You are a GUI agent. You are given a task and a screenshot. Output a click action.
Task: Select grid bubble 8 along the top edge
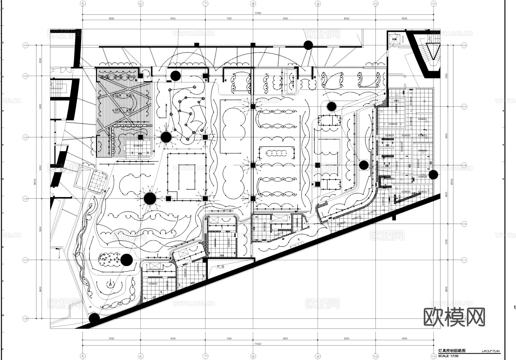point(253,4)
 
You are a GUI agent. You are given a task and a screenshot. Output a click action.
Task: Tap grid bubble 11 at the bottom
point(433,357)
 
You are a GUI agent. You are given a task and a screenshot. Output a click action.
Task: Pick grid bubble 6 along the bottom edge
point(140,357)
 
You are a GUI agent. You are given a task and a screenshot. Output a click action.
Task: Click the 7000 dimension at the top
point(229,18)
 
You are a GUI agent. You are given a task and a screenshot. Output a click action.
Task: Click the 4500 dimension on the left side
point(40,61)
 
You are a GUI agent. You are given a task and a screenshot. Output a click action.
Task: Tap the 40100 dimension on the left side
point(35,182)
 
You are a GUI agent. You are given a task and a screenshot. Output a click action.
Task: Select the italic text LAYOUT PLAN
point(490,351)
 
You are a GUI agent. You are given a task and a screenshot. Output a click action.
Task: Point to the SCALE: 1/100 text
point(448,356)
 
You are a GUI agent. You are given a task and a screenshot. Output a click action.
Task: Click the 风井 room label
point(220,267)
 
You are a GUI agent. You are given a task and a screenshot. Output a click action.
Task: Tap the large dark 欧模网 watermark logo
point(454,317)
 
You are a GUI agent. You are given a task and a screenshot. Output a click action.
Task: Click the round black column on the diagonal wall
point(94,318)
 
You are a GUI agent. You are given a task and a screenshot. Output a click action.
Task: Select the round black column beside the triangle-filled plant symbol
point(126,260)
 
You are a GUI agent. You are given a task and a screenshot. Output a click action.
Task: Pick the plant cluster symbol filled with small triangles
point(109,259)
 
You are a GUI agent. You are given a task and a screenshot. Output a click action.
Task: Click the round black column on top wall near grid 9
point(308,45)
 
